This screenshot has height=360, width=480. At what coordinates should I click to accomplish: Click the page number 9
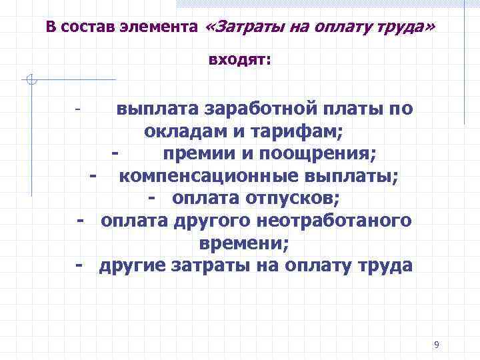pyautogui.click(x=436, y=345)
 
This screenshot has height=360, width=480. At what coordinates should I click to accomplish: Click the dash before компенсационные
pyautogui.click(x=93, y=177)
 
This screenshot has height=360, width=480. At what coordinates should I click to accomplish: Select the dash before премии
pyautogui.click(x=116, y=154)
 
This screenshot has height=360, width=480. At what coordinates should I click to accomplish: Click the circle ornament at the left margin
pyautogui.click(x=31, y=80)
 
